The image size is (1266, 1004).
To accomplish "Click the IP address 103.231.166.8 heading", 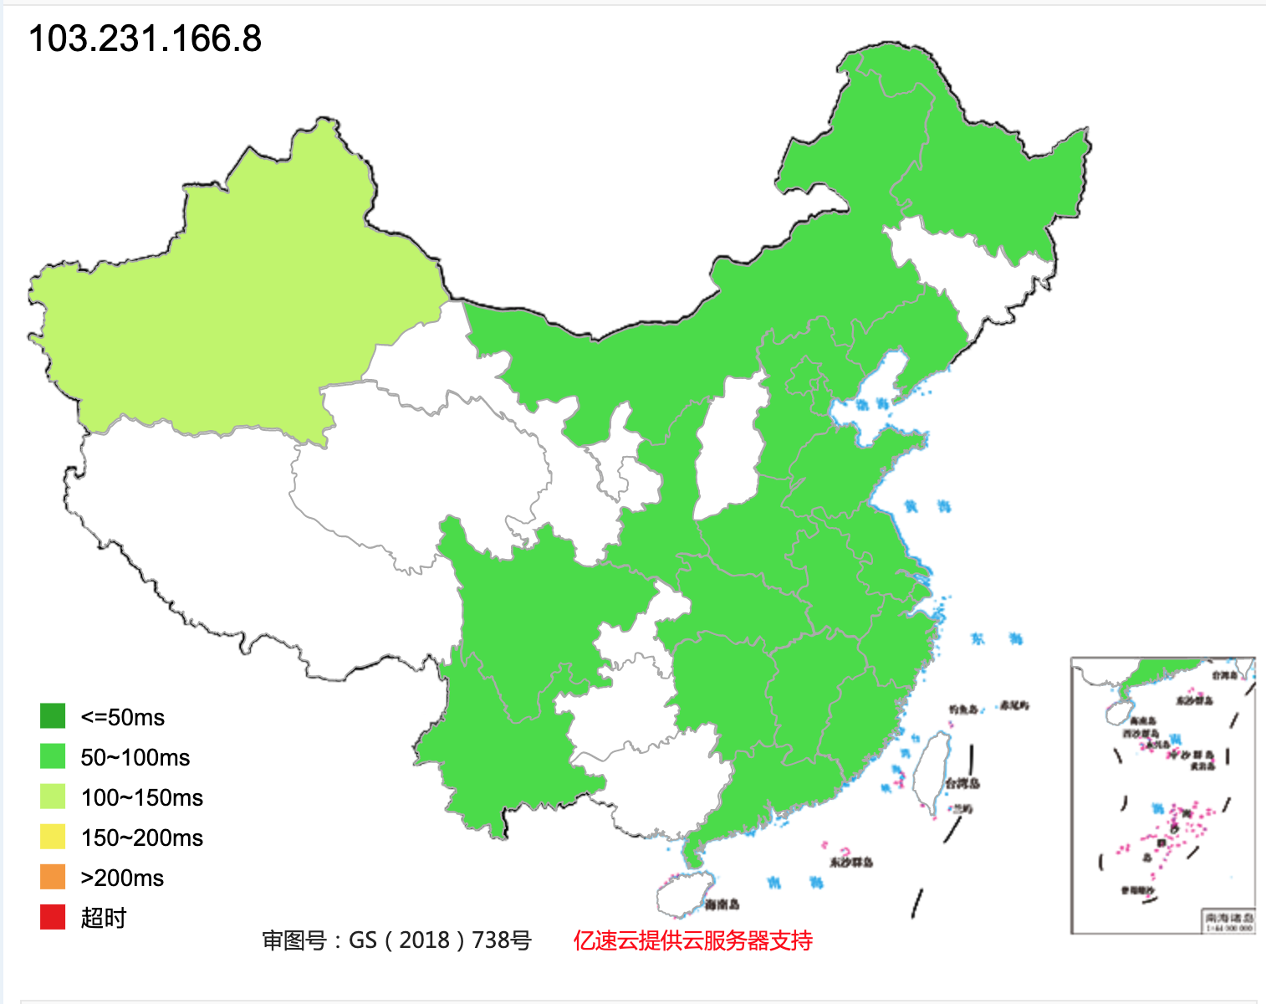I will pyautogui.click(x=145, y=38).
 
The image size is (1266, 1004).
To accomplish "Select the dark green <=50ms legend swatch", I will pyautogui.click(x=53, y=716).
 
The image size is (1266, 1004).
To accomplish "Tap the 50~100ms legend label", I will pyautogui.click(x=135, y=757).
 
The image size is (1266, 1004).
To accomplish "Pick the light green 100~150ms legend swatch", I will pyautogui.click(x=53, y=797).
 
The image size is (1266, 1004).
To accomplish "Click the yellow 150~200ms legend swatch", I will pyautogui.click(x=53, y=837).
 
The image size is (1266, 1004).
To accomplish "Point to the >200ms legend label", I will pyautogui.click(x=122, y=878).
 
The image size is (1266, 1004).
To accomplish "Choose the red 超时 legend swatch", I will pyautogui.click(x=53, y=917).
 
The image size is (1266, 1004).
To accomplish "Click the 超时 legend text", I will pyautogui.click(x=104, y=918).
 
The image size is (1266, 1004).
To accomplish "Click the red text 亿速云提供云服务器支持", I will pyautogui.click(x=692, y=940).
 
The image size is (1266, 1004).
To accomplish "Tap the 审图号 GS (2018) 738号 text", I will pyautogui.click(x=396, y=940).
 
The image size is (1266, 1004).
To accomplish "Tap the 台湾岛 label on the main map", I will pyautogui.click(x=962, y=784).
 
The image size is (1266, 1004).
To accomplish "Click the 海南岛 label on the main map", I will pyautogui.click(x=722, y=904).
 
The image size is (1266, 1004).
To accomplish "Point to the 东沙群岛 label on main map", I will pyautogui.click(x=851, y=862).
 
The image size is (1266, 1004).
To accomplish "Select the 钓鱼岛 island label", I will pyautogui.click(x=963, y=709).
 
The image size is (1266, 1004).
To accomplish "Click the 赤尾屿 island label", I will pyautogui.click(x=1014, y=706).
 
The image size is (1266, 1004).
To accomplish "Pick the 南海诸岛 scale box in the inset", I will pyautogui.click(x=1228, y=922).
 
